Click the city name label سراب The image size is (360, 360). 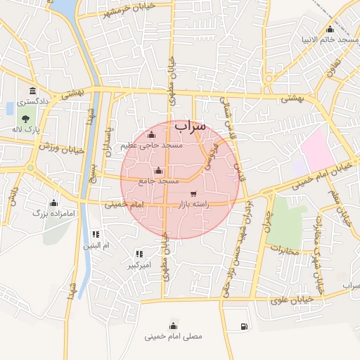point(191,126)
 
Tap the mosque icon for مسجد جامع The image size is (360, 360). point(158,171)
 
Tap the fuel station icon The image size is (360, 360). point(243,326)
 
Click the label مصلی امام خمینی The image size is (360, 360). point(173,336)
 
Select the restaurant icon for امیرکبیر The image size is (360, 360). point(139,254)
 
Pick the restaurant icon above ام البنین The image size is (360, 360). point(96,234)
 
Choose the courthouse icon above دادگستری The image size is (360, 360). point(33,91)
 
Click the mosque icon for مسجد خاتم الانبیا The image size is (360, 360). point(330,29)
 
